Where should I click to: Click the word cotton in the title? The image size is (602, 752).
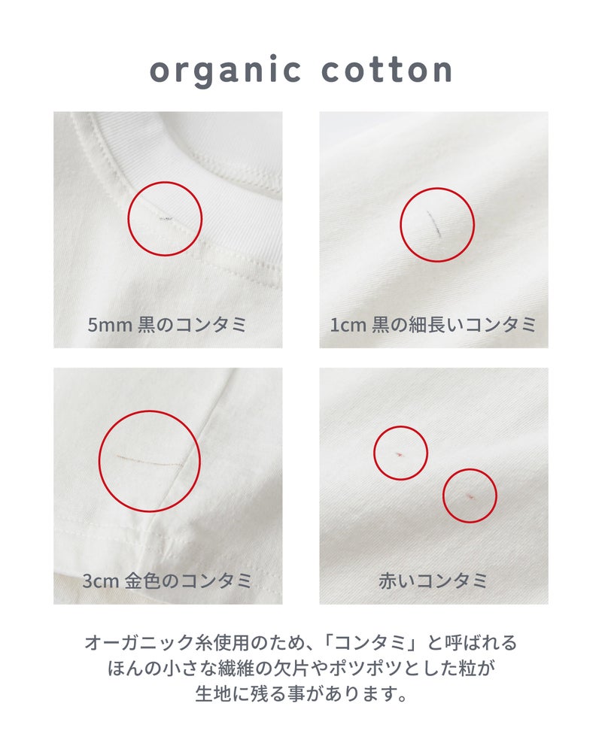[x=387, y=70]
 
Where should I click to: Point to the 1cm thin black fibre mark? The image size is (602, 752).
[x=433, y=224]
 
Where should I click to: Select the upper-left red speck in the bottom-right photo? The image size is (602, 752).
[x=400, y=453]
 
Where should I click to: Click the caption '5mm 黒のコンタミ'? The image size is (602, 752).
[x=167, y=325]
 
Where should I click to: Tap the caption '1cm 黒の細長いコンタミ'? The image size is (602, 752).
[x=433, y=325]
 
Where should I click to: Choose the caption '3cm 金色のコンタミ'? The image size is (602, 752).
[x=167, y=581]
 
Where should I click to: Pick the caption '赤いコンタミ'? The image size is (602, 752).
[x=433, y=581]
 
